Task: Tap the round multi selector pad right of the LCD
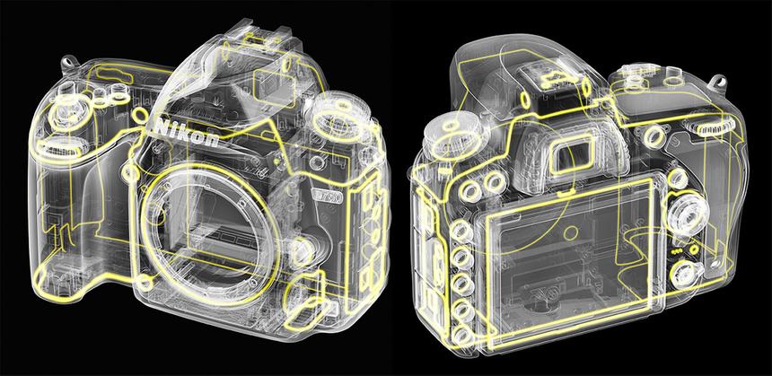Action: [682, 216]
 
